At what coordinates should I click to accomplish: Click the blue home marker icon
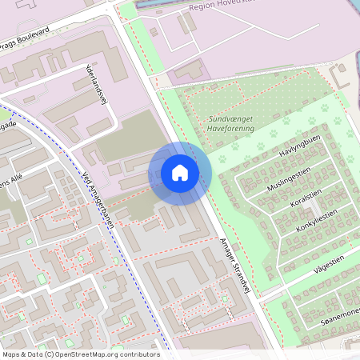pos(180,172)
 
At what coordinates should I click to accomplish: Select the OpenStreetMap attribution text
pos(81,354)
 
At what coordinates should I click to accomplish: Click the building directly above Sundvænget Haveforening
pos(188,71)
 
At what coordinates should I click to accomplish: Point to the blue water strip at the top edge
pos(160,4)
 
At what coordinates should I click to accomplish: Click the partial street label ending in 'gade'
pos(8,126)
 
